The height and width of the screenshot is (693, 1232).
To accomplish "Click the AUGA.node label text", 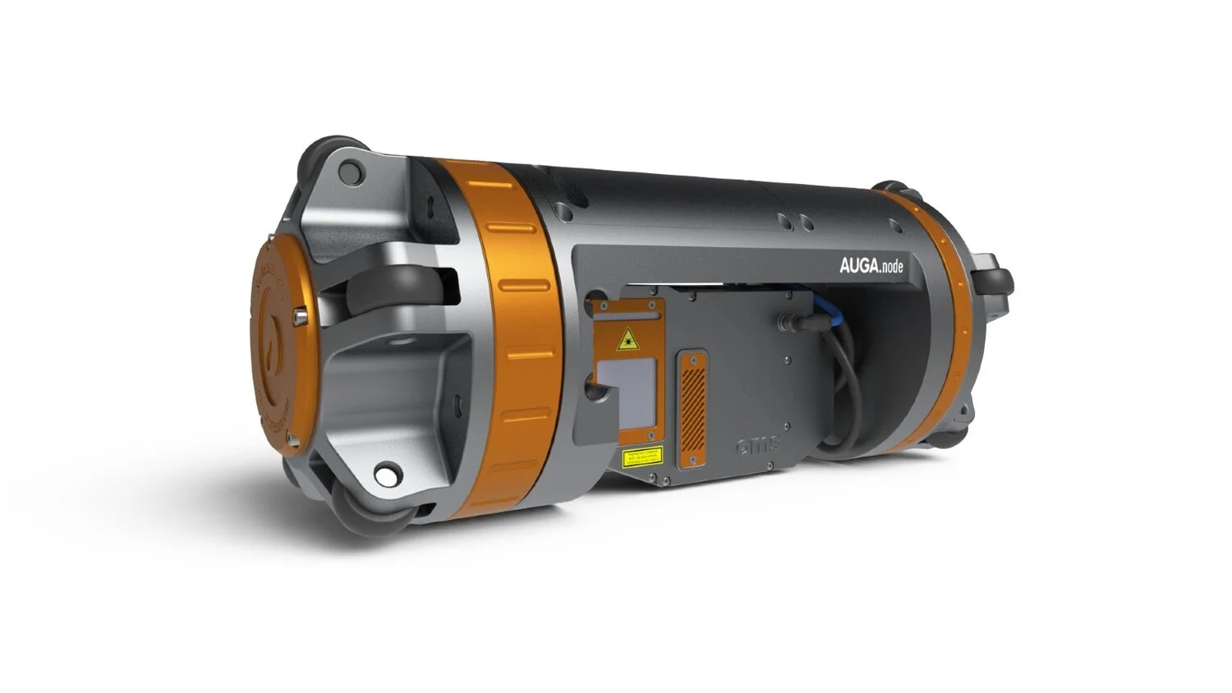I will tap(871, 266).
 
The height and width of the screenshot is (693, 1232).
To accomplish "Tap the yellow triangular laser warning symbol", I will tap(628, 338).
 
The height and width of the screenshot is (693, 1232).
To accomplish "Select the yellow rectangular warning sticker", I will tap(641, 457).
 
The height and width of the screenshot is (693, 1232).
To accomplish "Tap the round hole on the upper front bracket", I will tap(350, 172).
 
